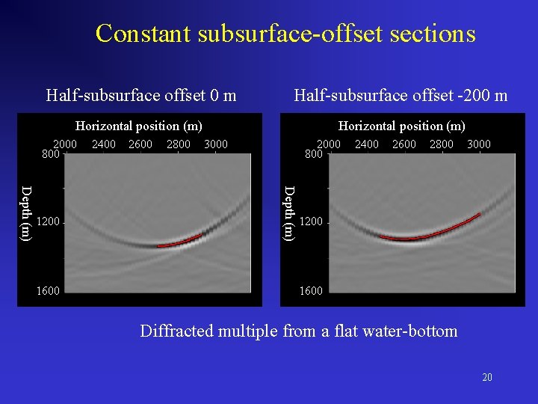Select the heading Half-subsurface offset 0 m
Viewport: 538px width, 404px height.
coord(141,95)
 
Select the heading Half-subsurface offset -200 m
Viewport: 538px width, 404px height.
coord(401,95)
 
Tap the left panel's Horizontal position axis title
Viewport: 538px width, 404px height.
coord(139,126)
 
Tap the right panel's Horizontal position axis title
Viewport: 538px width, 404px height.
coord(401,126)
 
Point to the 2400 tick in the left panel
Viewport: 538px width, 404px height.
coord(103,144)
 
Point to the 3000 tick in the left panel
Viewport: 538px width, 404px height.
coord(215,144)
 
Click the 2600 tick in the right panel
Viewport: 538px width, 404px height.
coord(403,144)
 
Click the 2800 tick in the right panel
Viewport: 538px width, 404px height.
coord(441,144)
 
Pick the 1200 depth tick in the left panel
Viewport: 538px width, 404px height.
coord(48,222)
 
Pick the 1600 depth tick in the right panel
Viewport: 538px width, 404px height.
coord(311,291)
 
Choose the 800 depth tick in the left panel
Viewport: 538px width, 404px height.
coord(50,155)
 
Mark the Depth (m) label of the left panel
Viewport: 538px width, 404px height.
coord(26,212)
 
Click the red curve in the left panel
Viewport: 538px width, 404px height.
coord(179,242)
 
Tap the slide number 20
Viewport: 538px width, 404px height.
coord(487,377)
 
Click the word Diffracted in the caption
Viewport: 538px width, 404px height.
coord(176,331)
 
